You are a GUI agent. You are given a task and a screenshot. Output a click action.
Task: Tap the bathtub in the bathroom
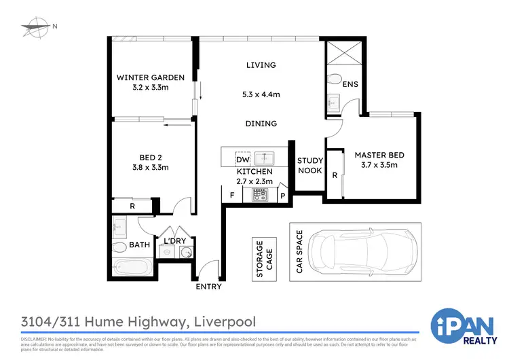(130, 268)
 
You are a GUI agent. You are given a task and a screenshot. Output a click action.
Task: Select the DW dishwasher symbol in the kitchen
(242, 159)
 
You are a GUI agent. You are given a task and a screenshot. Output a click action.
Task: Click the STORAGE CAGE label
(259, 258)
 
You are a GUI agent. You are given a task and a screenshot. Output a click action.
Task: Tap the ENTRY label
(208, 287)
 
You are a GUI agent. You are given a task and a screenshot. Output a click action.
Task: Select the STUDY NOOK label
(309, 166)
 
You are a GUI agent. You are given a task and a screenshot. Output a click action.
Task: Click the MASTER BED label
(379, 155)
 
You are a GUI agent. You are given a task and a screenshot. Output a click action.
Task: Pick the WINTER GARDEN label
(150, 77)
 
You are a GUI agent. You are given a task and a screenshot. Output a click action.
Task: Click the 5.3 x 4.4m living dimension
(261, 95)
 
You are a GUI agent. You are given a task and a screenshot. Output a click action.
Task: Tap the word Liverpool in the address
(225, 320)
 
